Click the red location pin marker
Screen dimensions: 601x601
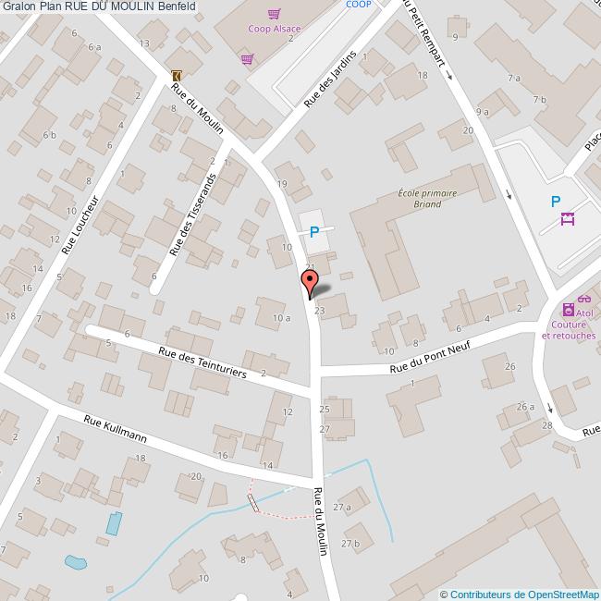pyautogui.click(x=310, y=281)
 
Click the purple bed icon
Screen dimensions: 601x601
pyautogui.click(x=568, y=219)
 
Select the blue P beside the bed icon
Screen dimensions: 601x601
pyautogui.click(x=556, y=202)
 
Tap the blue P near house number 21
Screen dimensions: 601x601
pyautogui.click(x=314, y=232)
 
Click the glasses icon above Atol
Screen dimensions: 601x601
pyautogui.click(x=584, y=299)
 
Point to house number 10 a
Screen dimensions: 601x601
pyautogui.click(x=281, y=318)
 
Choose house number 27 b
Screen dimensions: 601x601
pyautogui.click(x=350, y=545)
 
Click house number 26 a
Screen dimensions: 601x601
pyautogui.click(x=525, y=407)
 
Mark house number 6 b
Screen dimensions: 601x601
pyautogui.click(x=50, y=135)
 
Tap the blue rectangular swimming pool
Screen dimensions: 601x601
pyautogui.click(x=113, y=523)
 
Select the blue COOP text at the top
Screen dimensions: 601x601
pyautogui.click(x=358, y=5)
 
